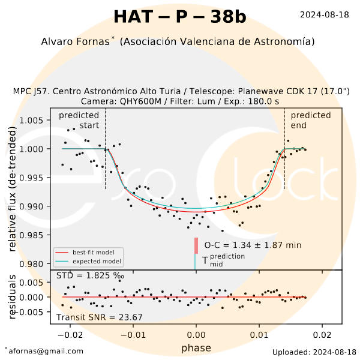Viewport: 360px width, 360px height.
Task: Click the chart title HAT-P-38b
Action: coord(179,17)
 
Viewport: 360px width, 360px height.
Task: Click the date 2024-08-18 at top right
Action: coord(324,14)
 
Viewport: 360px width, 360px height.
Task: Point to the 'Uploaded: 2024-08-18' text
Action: coord(314,352)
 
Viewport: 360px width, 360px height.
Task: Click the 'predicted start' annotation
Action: coord(79,120)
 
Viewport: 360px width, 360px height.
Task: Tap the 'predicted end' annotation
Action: coord(311,120)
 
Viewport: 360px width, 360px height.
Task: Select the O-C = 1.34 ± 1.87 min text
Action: coord(253,245)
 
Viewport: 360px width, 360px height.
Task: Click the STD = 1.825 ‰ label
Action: coord(90,275)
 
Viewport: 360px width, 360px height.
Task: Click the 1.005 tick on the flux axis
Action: coord(32,120)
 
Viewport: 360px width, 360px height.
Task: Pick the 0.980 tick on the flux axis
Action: coord(32,264)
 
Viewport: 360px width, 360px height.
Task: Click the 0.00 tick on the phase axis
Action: coord(196,334)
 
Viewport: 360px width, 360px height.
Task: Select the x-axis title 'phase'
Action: coord(196,348)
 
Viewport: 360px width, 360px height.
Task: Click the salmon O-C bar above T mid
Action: coord(196,246)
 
